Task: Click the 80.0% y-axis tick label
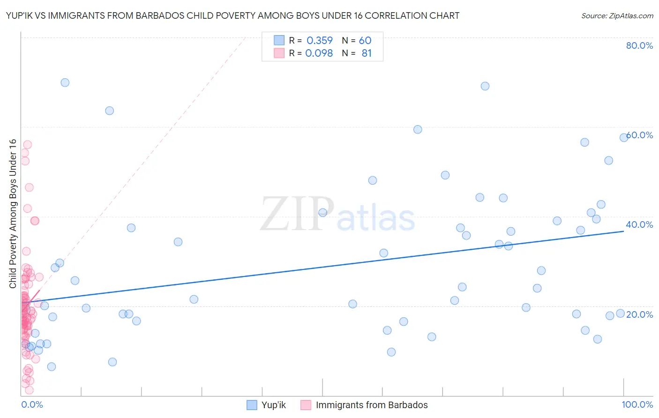tap(639, 45)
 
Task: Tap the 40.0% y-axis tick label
tap(639, 224)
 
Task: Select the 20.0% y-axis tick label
tap(639, 314)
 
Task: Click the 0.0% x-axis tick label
tap(32, 404)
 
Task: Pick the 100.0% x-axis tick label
tap(637, 404)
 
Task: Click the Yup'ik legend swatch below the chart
tap(252, 405)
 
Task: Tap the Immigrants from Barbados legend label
tap(372, 405)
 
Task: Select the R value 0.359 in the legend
tap(320, 41)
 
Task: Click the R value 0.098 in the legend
tap(319, 53)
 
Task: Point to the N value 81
tap(367, 53)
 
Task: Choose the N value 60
tap(365, 41)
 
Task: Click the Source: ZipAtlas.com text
tap(617, 15)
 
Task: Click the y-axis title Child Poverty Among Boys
tap(13, 214)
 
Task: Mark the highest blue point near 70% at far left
tap(65, 82)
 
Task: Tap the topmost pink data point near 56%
tap(27, 145)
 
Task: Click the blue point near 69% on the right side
tap(485, 86)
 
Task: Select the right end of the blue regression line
tap(623, 231)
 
